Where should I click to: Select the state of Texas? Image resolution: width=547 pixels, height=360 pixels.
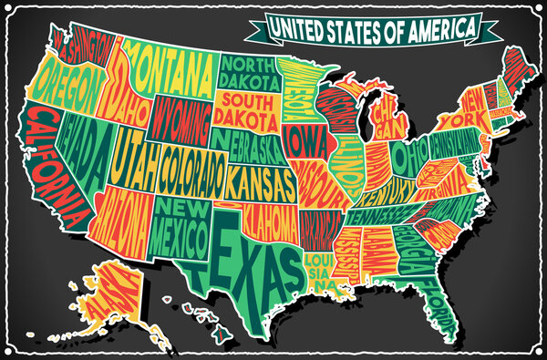pos(241,254)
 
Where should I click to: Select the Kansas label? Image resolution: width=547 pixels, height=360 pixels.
pos(261,179)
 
